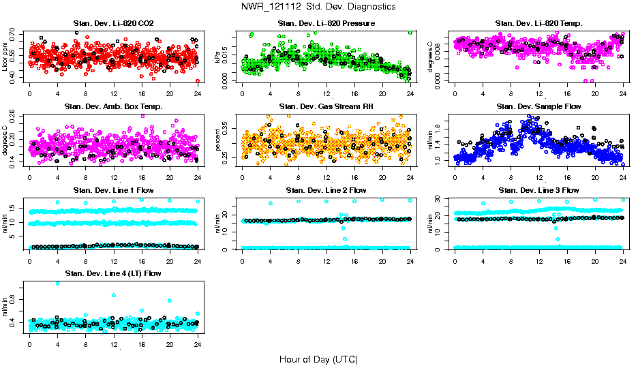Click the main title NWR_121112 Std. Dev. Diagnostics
click(x=318, y=7)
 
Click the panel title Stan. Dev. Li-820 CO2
click(x=113, y=24)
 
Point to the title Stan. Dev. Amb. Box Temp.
click(x=113, y=107)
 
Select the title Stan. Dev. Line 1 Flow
click(x=113, y=190)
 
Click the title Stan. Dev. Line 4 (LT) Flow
click(x=113, y=274)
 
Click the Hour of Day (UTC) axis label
click(x=318, y=359)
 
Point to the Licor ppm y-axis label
click(x=5, y=57)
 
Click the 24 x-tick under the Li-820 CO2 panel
click(x=198, y=93)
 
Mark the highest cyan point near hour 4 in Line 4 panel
click(x=58, y=283)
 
